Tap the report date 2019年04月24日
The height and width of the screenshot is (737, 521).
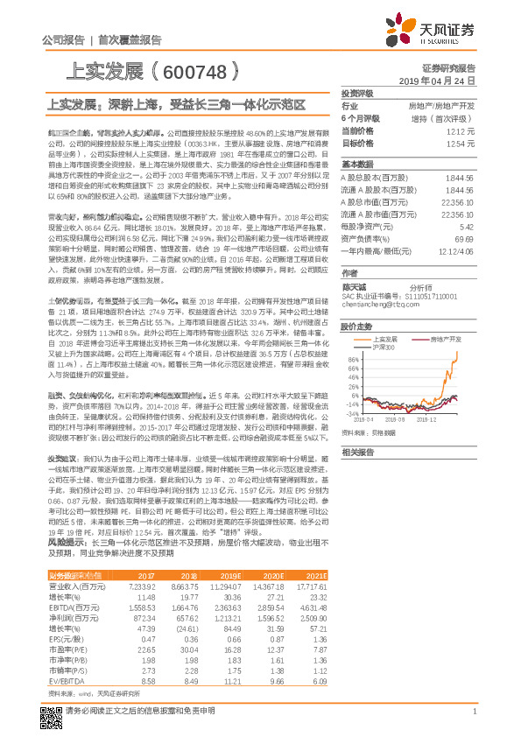[x=441, y=80]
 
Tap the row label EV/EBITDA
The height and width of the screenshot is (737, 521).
[x=67, y=678]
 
